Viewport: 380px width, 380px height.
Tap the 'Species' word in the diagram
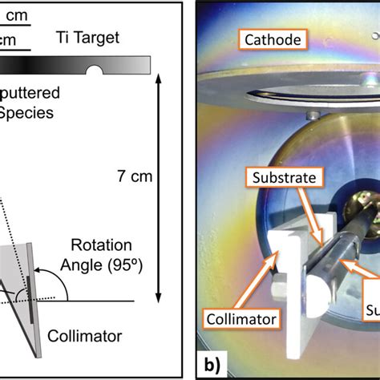pos(27,113)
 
